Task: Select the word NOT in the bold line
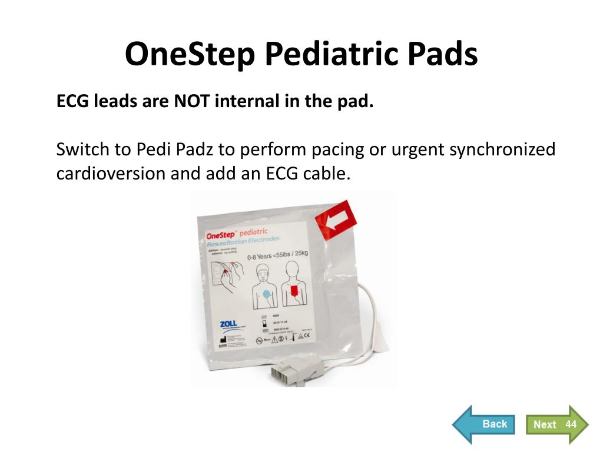point(192,102)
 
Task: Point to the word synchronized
point(502,149)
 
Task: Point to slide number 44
point(571,424)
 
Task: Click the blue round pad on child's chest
point(266,293)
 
